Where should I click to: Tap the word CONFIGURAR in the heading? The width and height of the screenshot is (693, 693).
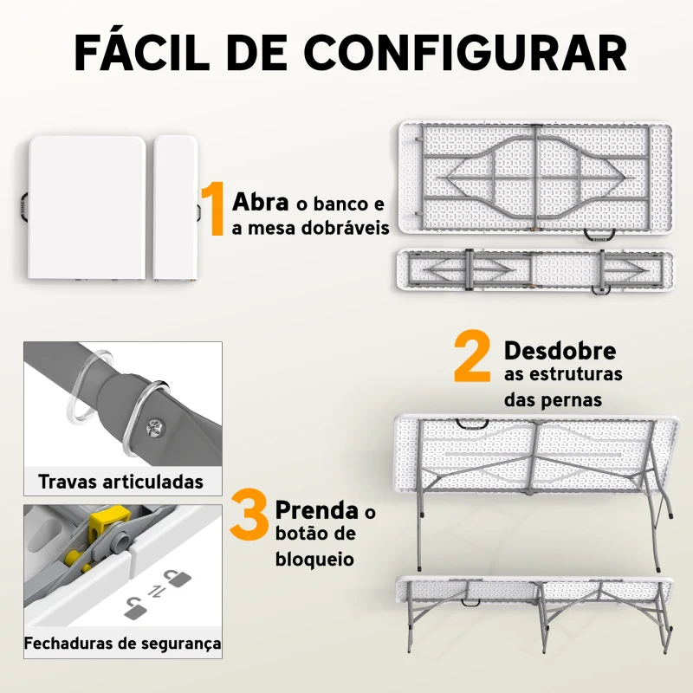pyautogui.click(x=467, y=53)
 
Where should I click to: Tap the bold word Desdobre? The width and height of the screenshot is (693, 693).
pyautogui.click(x=560, y=351)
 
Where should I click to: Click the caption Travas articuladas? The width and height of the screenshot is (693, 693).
pyautogui.click(x=121, y=481)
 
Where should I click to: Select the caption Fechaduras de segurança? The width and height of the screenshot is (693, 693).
pyautogui.click(x=122, y=644)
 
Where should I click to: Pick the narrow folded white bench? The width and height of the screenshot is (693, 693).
pyautogui.click(x=174, y=208)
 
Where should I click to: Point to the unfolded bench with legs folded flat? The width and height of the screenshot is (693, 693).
pyautogui.click(x=534, y=270)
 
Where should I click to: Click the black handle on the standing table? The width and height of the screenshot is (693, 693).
pyautogui.click(x=475, y=424)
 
